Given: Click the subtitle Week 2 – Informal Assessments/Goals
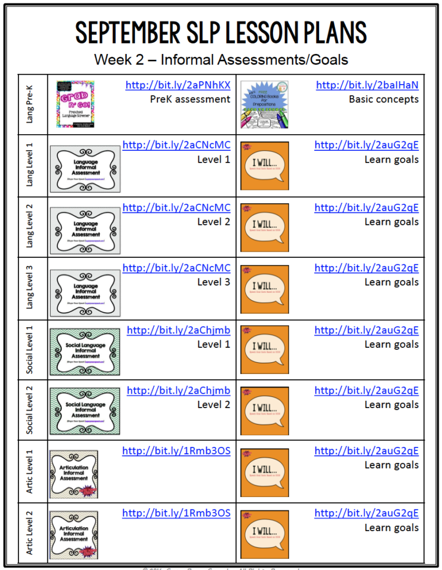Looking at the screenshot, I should click(221, 59).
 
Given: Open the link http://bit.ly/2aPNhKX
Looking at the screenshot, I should click(177, 85).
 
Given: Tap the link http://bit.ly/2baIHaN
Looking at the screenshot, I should click(367, 85).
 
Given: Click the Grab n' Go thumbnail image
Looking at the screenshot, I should click(75, 104).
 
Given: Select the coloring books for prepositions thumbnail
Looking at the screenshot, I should click(264, 104).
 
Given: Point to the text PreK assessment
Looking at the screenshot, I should click(190, 99).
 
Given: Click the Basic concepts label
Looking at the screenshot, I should click(384, 99).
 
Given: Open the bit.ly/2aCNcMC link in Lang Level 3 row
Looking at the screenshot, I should click(176, 268).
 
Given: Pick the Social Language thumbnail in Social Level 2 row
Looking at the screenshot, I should click(85, 411).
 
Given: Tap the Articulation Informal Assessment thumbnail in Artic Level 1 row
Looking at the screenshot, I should click(73, 474).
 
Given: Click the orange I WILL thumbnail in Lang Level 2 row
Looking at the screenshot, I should click(265, 227).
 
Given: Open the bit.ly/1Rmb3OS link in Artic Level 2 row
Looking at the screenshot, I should click(176, 513).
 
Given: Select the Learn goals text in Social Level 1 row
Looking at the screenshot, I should click(391, 344).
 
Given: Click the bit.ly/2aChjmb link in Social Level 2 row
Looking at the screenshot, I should click(178, 390).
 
